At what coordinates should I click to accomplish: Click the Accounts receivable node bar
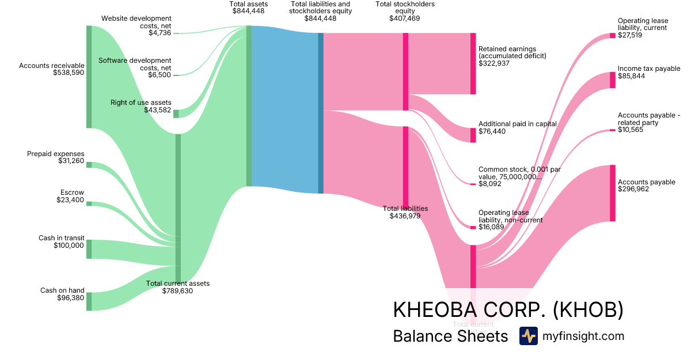point(89,77)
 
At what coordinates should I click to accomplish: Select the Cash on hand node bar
point(89,301)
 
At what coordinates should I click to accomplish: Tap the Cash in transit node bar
point(89,249)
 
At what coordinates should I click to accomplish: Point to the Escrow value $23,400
point(70,200)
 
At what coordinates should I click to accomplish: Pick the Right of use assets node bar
point(176,114)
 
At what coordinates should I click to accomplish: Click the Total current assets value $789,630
point(177,291)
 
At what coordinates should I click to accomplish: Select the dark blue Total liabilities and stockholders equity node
point(321,113)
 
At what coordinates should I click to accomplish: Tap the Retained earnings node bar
point(473,63)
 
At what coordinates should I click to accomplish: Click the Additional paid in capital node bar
point(473,135)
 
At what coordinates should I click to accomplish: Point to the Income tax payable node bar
point(613,80)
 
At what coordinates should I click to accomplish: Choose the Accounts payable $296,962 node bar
point(613,193)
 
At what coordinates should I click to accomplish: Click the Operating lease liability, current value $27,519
point(630,35)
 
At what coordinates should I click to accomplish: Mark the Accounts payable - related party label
point(648,119)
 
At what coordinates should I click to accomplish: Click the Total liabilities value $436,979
point(405,216)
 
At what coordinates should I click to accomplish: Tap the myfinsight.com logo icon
point(528,336)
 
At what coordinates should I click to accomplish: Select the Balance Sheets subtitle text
point(450,336)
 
